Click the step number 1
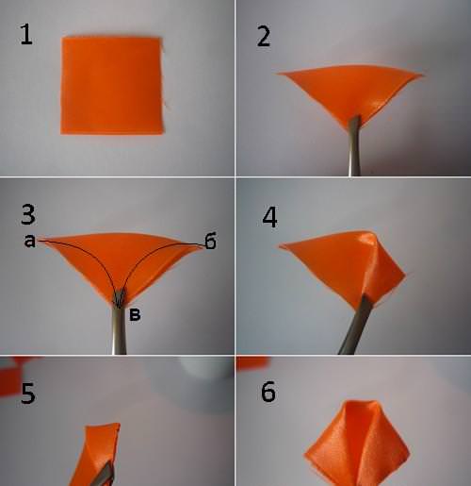(x=26, y=34)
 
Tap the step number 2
(x=264, y=37)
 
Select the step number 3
(x=28, y=214)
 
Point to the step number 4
(x=269, y=217)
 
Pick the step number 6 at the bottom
(x=268, y=392)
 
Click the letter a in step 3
(x=30, y=242)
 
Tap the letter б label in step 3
(x=210, y=241)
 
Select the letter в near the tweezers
(x=135, y=315)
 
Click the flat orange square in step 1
(x=112, y=86)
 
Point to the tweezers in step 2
(x=354, y=145)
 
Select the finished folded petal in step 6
(x=357, y=444)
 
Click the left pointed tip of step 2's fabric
(x=278, y=74)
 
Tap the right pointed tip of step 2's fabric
(x=422, y=75)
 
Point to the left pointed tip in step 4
(x=281, y=246)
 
